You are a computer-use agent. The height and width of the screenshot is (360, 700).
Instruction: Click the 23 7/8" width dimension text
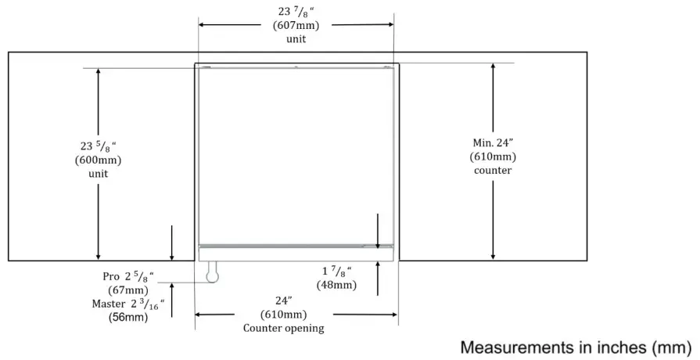click(x=295, y=12)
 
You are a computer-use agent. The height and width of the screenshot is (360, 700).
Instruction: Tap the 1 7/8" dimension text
click(x=336, y=272)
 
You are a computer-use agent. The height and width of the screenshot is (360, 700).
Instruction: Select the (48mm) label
click(x=336, y=285)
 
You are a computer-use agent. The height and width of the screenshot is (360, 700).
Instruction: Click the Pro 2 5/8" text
click(x=129, y=277)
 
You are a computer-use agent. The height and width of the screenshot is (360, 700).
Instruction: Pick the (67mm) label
click(x=128, y=290)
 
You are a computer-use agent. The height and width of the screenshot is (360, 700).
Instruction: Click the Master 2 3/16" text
click(x=128, y=304)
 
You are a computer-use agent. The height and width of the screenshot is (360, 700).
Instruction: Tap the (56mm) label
click(x=128, y=317)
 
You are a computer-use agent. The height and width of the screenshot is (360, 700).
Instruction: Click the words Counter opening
click(x=284, y=328)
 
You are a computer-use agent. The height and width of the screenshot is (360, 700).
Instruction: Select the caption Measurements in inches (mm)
click(x=576, y=346)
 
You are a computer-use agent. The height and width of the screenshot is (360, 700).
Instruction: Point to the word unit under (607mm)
click(x=295, y=38)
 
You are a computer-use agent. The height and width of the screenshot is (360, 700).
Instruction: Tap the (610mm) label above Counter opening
click(x=284, y=315)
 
